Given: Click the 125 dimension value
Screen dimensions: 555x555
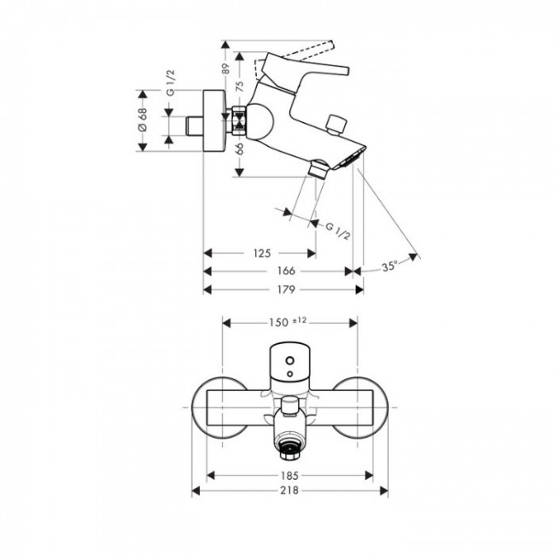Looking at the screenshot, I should click(262, 253).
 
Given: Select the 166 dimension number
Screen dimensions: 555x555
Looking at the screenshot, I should click(287, 271).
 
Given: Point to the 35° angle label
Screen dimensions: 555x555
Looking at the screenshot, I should click(389, 267).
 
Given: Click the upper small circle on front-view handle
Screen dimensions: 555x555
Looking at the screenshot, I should click(289, 360).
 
